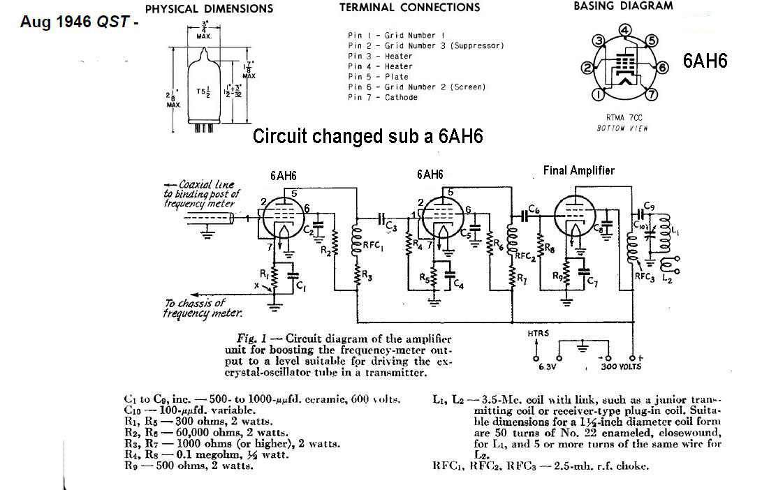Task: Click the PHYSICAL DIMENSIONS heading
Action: (208, 9)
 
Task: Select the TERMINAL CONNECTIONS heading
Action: (409, 8)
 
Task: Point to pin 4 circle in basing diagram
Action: (626, 29)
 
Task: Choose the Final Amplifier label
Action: (578, 171)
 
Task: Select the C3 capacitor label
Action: (392, 228)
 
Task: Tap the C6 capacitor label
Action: (534, 209)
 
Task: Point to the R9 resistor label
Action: (557, 276)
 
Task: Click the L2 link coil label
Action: (668, 279)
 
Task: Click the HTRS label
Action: (539, 334)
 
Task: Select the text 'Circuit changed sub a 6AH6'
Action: (367, 136)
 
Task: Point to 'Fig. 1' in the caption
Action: (249, 339)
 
